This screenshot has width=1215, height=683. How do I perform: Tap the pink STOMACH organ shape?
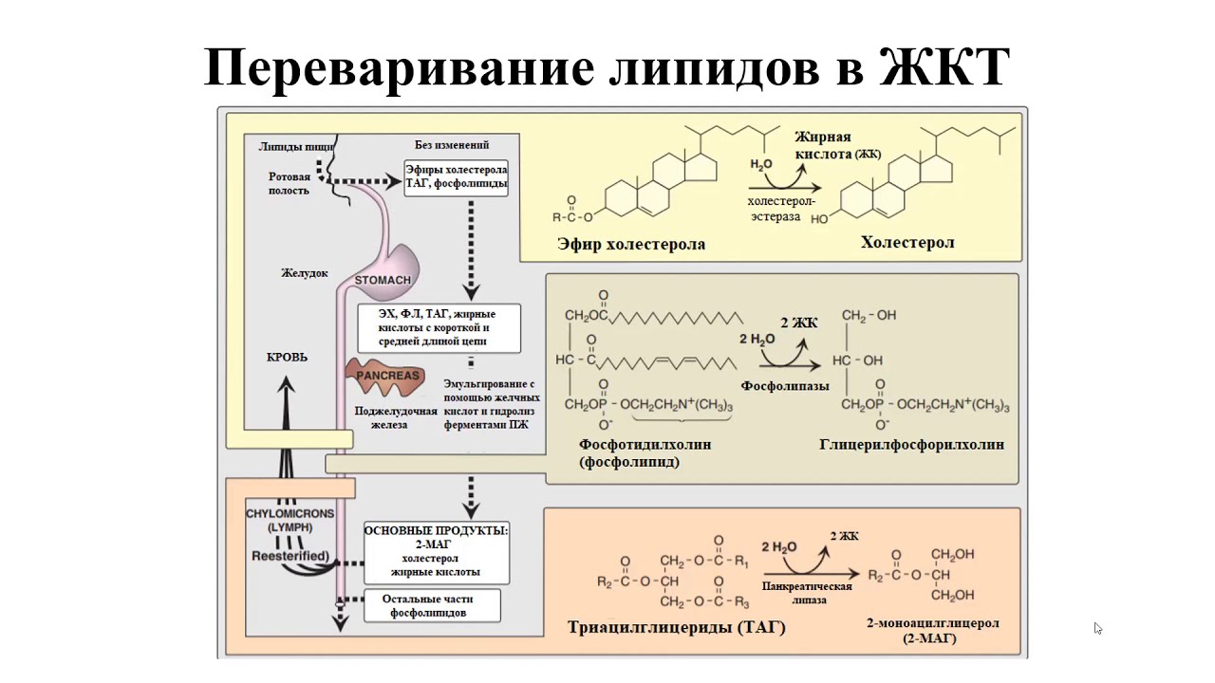(x=389, y=269)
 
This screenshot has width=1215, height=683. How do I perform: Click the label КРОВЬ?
(x=287, y=358)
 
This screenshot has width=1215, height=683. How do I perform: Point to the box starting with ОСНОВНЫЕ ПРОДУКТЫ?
(x=437, y=551)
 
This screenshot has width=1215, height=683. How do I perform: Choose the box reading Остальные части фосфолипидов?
(x=428, y=606)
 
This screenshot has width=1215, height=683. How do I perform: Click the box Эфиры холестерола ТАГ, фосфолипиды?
(x=457, y=177)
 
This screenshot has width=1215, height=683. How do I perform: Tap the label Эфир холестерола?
(x=631, y=245)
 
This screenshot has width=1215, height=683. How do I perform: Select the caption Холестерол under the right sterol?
(x=907, y=243)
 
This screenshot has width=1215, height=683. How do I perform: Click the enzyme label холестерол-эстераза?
(x=781, y=209)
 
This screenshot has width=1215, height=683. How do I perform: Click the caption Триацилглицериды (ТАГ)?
(x=677, y=628)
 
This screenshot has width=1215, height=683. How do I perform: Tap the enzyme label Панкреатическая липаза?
(x=808, y=593)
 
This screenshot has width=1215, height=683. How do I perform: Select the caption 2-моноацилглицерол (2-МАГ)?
(x=932, y=631)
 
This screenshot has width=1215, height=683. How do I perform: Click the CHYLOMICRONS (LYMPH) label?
(x=290, y=520)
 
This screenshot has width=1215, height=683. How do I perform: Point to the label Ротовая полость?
(x=290, y=183)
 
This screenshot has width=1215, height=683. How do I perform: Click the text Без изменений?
(x=452, y=145)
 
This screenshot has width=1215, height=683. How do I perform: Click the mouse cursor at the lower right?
(x=1097, y=627)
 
